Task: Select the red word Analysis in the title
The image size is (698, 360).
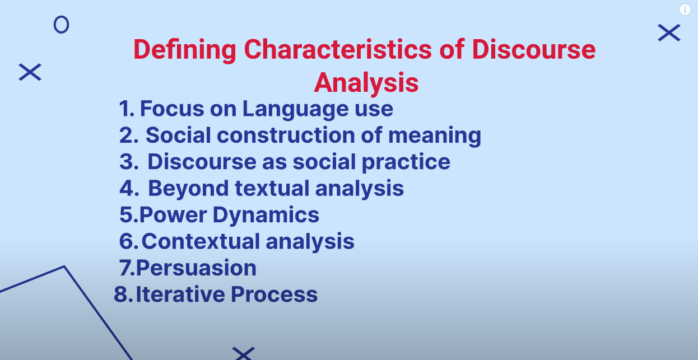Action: (366, 83)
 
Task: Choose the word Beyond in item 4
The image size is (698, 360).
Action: (188, 188)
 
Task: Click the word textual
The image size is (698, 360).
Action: (272, 188)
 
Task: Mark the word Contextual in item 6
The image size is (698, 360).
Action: (201, 241)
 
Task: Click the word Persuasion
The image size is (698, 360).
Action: (196, 268)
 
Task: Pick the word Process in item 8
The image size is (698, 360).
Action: (274, 294)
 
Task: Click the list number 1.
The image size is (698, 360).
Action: (125, 109)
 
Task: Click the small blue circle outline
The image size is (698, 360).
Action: (61, 25)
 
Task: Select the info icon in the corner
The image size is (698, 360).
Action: (685, 10)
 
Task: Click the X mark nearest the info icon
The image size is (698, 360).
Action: (669, 33)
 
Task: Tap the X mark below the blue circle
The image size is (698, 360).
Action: (30, 72)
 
